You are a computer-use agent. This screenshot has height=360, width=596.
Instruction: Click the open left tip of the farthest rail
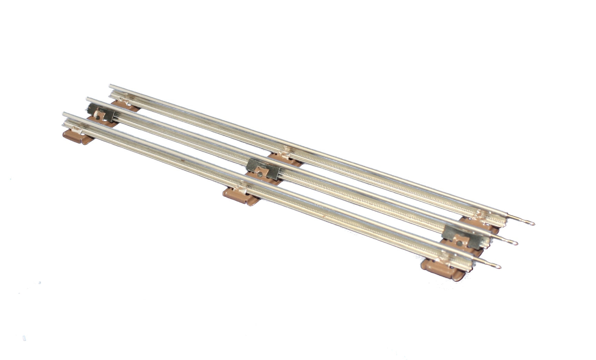pos(110,85)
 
